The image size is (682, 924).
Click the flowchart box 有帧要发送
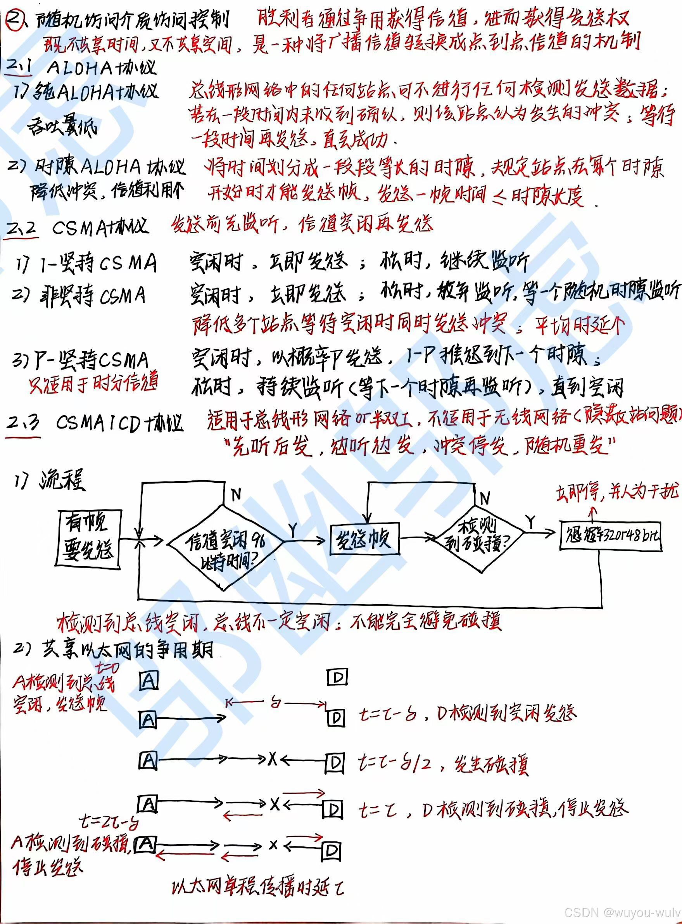coord(88,537)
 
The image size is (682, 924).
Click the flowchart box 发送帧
coord(364,539)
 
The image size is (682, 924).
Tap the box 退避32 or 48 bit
coord(611,535)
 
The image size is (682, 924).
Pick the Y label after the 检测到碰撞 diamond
coord(531,522)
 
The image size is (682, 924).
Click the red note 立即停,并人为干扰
coord(617,492)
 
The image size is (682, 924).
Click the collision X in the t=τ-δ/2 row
coord(273,758)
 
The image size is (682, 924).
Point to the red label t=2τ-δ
coord(109,823)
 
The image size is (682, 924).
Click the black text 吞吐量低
coord(62,126)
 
